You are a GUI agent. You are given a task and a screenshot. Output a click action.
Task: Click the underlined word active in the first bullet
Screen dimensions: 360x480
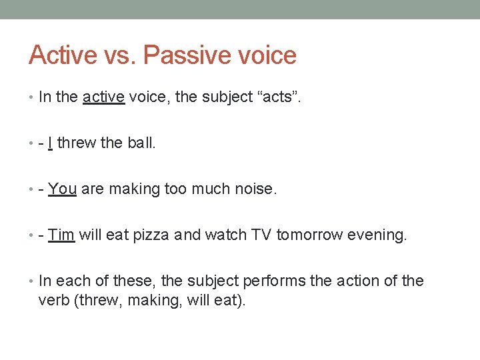pos(103,97)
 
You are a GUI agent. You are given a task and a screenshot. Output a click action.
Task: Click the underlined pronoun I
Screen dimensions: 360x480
pos(51,143)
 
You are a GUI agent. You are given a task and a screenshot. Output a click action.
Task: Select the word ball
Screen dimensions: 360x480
pos(141,143)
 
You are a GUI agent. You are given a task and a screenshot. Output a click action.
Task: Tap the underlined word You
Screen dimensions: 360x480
pos(63,189)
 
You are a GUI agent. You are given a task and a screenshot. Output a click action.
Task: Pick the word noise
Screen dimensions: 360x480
pos(255,189)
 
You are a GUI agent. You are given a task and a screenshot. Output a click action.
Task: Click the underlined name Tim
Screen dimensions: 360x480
pos(61,235)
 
